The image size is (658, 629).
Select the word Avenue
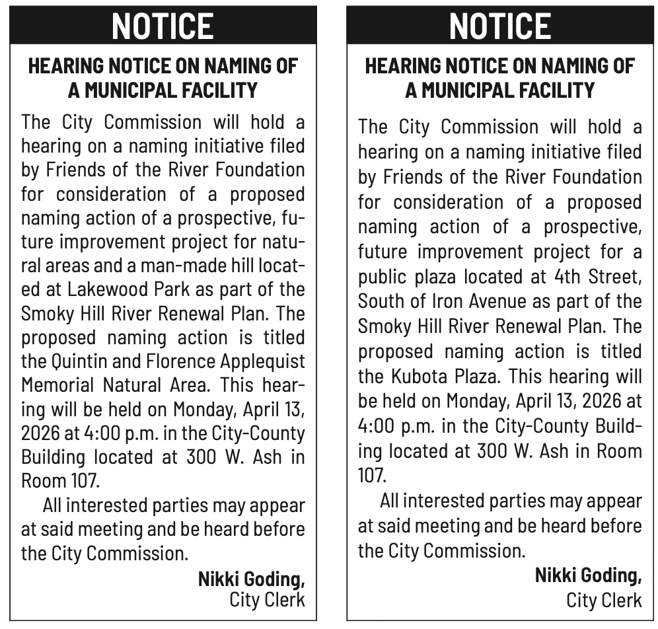click(502, 301)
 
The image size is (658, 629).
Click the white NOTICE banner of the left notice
click(163, 26)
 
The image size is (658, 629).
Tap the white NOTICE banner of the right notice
click(499, 26)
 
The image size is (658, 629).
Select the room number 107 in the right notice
click(371, 476)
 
